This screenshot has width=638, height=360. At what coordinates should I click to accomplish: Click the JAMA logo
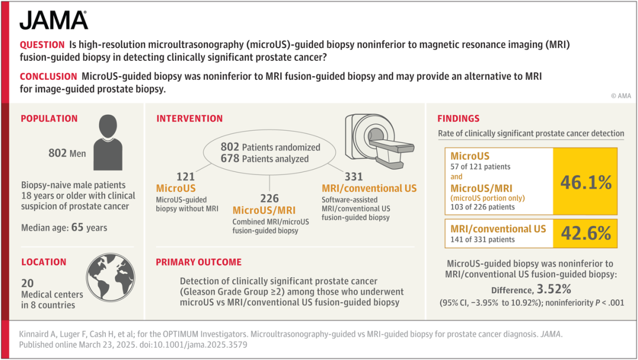(x=54, y=20)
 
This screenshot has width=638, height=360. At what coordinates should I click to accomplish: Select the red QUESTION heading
(x=43, y=45)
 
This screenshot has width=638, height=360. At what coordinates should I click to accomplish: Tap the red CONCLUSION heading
(x=48, y=77)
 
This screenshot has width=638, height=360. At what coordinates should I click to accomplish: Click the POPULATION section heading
(x=49, y=118)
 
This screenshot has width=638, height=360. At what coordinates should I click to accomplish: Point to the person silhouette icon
(x=108, y=142)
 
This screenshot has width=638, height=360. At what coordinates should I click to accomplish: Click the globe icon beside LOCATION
(x=110, y=278)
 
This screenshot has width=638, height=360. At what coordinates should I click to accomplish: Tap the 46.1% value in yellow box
(x=586, y=183)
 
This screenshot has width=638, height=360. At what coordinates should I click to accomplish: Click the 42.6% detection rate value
(x=586, y=233)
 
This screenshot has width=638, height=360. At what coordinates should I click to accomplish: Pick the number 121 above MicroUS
(x=185, y=177)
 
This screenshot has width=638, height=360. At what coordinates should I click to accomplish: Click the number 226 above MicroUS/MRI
(x=269, y=199)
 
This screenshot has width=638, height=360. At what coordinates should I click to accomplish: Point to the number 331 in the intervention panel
(x=354, y=177)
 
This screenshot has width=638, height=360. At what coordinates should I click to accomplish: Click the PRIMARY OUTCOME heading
(x=198, y=262)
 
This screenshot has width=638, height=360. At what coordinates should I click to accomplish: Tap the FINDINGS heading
(x=458, y=118)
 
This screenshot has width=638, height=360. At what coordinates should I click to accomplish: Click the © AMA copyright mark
(x=621, y=96)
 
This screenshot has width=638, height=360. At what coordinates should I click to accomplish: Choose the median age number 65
(x=77, y=227)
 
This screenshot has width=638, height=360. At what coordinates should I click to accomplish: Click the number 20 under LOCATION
(x=28, y=283)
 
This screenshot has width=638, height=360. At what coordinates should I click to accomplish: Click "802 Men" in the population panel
(x=67, y=153)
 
